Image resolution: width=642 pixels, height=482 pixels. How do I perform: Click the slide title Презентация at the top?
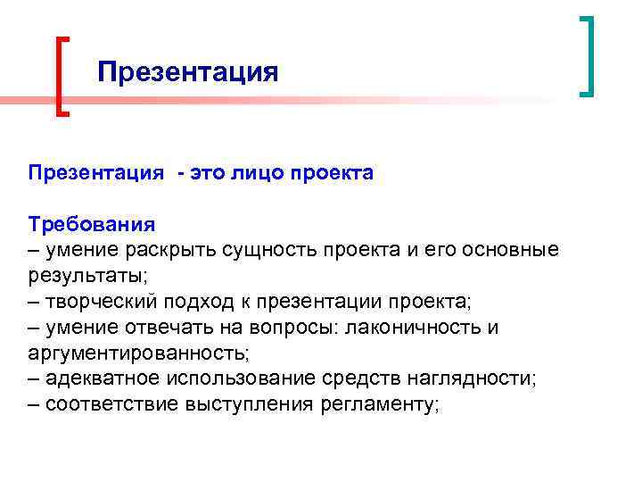click(188, 71)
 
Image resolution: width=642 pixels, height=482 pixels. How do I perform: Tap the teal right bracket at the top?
click(587, 55)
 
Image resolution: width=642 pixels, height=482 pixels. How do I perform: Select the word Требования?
click(92, 223)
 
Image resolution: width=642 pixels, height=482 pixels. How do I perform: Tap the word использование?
click(244, 378)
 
